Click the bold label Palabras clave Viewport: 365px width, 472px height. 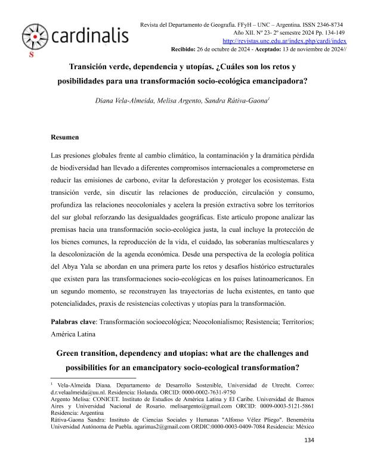click(x=73, y=321)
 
